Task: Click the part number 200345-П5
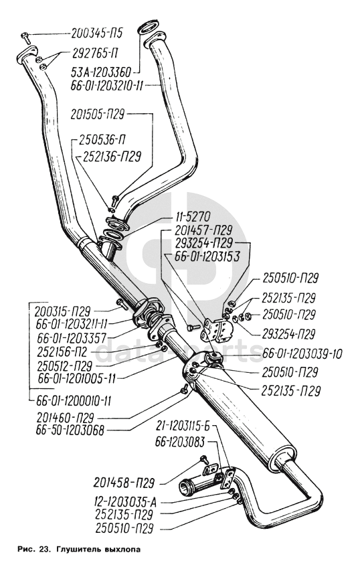pyautogui.click(x=97, y=33)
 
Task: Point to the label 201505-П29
pyautogui.click(x=98, y=114)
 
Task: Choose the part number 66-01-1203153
pyautogui.click(x=207, y=256)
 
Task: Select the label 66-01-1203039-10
pyautogui.click(x=302, y=353)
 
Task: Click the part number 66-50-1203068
pyautogui.click(x=70, y=430)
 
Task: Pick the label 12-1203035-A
pyautogui.click(x=123, y=501)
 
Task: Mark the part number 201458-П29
pyautogui.click(x=124, y=483)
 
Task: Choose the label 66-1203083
pyautogui.click(x=180, y=443)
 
